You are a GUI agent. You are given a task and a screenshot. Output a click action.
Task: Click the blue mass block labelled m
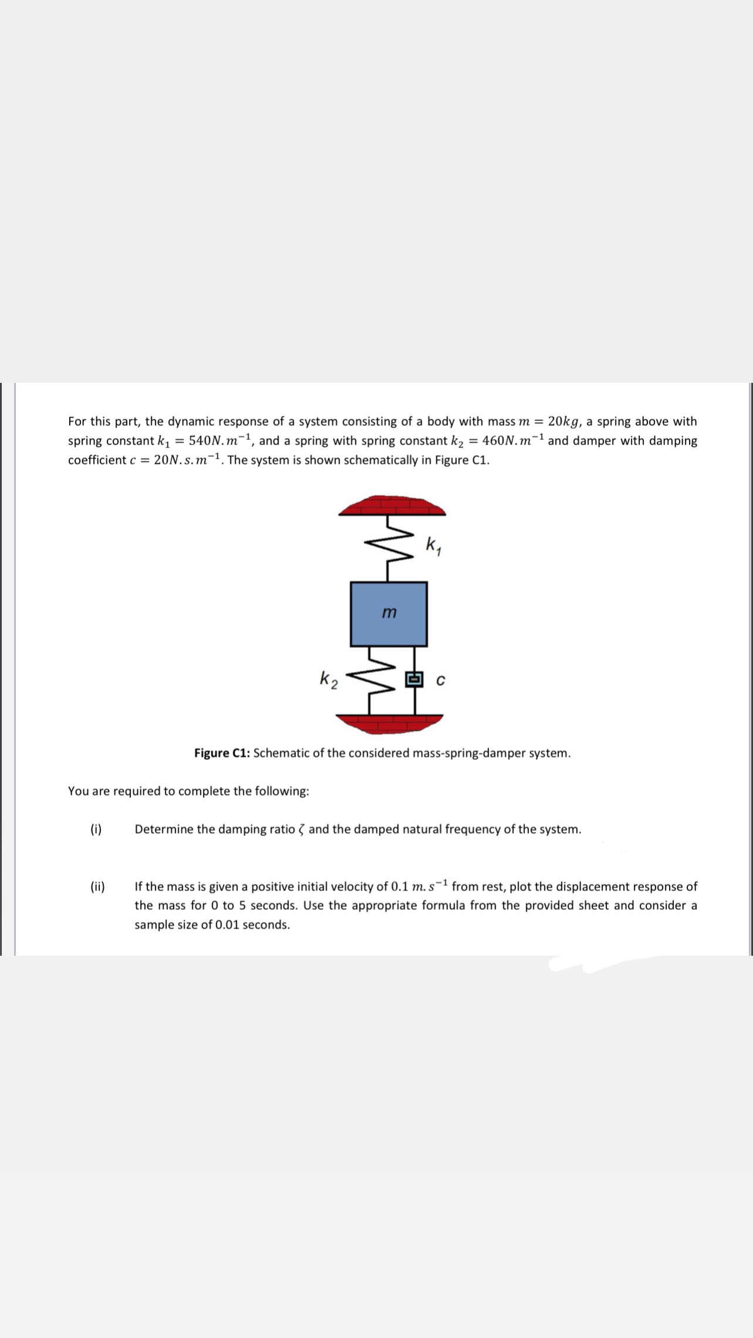pos(389,614)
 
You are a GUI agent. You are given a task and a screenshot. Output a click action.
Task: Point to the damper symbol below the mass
pos(415,680)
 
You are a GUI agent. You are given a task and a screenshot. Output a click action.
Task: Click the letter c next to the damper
pos(441,680)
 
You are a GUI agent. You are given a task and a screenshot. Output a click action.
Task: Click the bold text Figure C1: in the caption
pos(222,753)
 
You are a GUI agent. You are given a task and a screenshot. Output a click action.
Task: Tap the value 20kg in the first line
pos(565,422)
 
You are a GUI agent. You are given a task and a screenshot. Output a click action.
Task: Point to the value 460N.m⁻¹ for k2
pos(513,440)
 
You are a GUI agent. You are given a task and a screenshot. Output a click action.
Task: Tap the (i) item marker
pos(96,829)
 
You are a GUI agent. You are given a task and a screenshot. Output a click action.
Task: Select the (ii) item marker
pos(97,887)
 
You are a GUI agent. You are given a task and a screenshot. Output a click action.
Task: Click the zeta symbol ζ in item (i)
pos(302,830)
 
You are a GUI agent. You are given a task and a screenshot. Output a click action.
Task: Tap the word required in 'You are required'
pos(137,791)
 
